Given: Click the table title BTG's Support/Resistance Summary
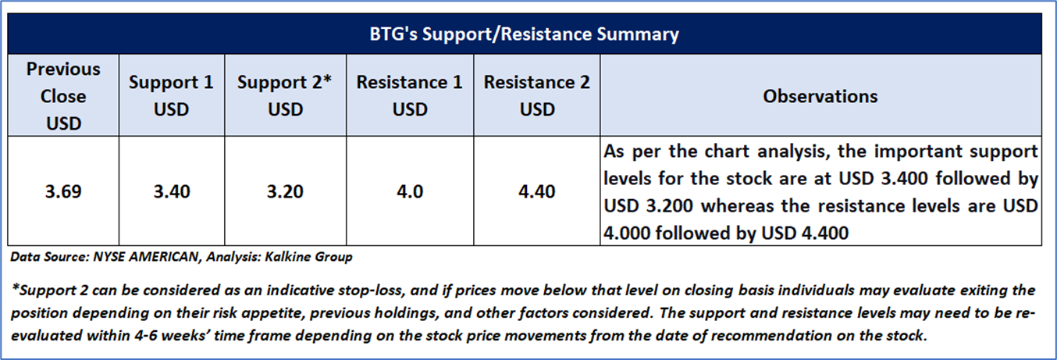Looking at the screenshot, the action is pyautogui.click(x=524, y=34).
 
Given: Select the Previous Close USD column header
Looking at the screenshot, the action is pyautogui.click(x=63, y=96).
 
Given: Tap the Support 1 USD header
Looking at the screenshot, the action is pyautogui.click(x=171, y=96).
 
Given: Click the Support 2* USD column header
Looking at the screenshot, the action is pyautogui.click(x=285, y=96).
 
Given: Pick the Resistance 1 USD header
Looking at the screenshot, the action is pyautogui.click(x=410, y=96).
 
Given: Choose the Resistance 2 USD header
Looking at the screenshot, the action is pyautogui.click(x=537, y=96).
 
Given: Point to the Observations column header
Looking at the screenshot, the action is pyautogui.click(x=820, y=96).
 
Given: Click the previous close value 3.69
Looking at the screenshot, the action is pyautogui.click(x=63, y=191).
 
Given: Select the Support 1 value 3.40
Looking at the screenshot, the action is pyautogui.click(x=172, y=191).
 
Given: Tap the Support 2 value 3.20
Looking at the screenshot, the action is pyautogui.click(x=285, y=191).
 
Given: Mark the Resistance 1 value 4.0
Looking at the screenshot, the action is pyautogui.click(x=410, y=191).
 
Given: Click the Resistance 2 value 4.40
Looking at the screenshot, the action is pyautogui.click(x=537, y=191).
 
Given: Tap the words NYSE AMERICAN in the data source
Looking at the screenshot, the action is pyautogui.click(x=146, y=257).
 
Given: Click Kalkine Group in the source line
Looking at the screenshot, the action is pyautogui.click(x=308, y=257).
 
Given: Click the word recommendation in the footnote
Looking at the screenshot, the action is pyautogui.click(x=771, y=336).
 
